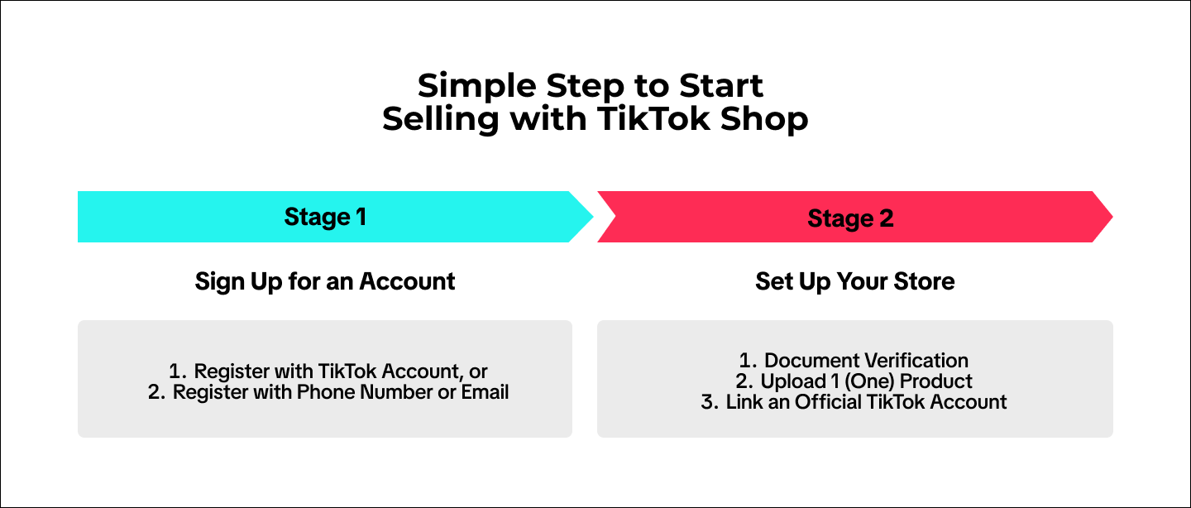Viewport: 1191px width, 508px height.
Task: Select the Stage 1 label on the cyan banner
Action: point(325,217)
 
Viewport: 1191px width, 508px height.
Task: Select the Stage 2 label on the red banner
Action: point(851,218)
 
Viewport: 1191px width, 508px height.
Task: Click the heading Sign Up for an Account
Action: point(325,281)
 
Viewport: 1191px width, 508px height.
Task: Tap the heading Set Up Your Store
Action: point(854,281)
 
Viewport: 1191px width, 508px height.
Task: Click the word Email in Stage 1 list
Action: point(485,391)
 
